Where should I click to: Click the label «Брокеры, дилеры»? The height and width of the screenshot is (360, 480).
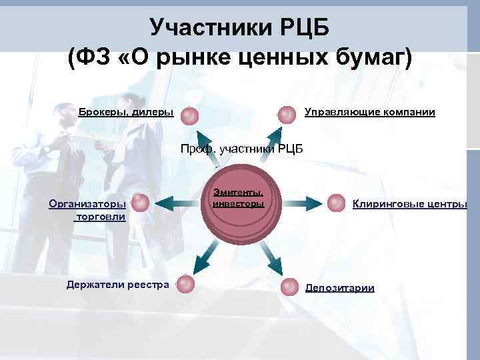point(125,112)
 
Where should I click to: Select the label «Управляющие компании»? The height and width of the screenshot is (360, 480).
point(369,112)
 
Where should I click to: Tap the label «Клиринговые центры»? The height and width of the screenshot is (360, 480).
point(409,204)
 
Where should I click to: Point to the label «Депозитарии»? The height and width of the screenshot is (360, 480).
point(339,288)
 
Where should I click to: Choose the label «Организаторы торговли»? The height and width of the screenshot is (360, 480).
point(87,210)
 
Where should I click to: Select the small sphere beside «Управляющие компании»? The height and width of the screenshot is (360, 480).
point(287,115)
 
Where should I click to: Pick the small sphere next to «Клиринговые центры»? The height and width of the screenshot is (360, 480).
point(337,202)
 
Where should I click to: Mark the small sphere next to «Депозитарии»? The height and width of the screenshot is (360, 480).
point(289,287)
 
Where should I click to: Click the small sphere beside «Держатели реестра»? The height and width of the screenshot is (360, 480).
point(186,284)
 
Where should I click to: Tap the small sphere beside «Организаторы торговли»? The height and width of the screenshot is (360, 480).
point(140,202)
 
